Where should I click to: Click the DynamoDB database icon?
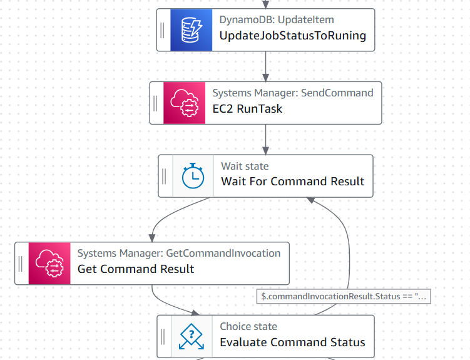click(192, 30)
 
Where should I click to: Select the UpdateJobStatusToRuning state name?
click(292, 36)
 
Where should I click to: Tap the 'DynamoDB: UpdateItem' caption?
click(277, 20)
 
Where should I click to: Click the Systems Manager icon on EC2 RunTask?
click(185, 103)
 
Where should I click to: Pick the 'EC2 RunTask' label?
click(247, 109)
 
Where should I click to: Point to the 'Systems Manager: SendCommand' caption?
click(293, 93)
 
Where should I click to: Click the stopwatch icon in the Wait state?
click(193, 176)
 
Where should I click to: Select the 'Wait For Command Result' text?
click(292, 182)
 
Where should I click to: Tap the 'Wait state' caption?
click(245, 166)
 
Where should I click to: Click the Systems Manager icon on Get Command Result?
click(49, 264)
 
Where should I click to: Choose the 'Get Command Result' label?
click(136, 269)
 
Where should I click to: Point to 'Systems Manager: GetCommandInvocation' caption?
click(179, 254)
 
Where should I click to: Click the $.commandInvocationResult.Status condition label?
click(344, 297)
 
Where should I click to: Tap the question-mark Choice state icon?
click(192, 336)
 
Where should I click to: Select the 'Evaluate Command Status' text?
click(292, 342)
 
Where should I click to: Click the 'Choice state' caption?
click(248, 326)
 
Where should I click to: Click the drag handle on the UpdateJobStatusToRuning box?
click(163, 30)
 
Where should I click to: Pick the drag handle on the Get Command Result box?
click(21, 264)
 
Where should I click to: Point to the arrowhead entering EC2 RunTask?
click(265, 78)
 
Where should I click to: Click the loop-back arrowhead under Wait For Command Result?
click(310, 200)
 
